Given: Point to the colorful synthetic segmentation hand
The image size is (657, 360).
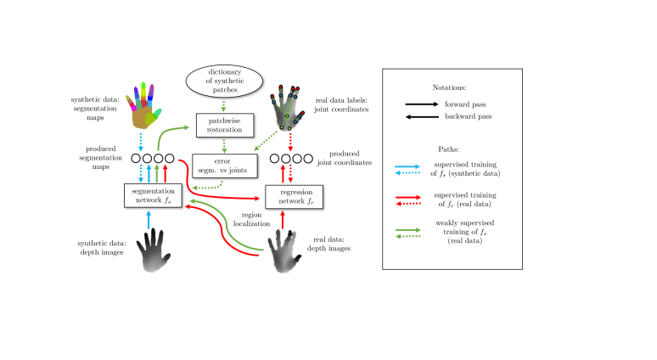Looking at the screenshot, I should [x=148, y=104].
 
